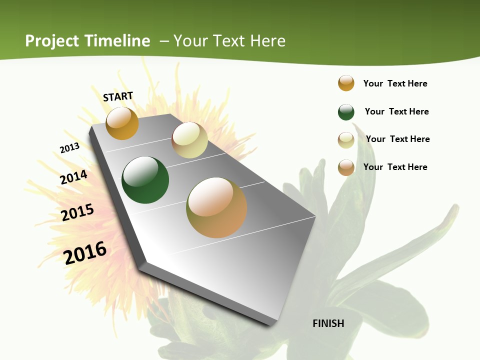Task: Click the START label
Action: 118,96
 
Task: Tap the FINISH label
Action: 328,323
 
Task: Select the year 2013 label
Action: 69,148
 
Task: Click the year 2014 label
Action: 73,177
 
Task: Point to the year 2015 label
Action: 77,212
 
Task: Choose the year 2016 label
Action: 85,252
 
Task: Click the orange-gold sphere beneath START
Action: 122,123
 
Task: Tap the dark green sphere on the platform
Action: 145,180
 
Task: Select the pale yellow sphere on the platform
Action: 189,140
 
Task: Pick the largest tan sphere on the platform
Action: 216,207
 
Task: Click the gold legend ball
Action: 346,83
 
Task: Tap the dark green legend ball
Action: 346,112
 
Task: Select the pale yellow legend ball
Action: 346,140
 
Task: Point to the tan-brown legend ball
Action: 346,167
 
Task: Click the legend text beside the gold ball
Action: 395,83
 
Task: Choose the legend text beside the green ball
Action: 396,111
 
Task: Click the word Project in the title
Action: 52,40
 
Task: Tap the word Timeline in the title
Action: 117,40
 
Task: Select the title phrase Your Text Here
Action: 229,40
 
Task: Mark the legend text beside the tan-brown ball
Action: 395,167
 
